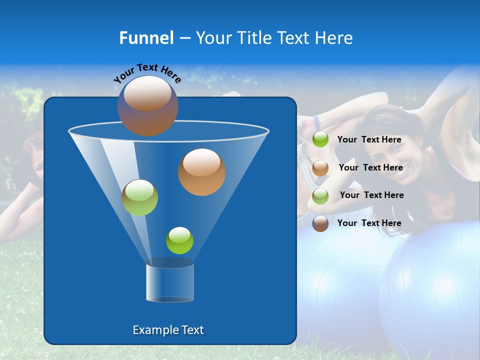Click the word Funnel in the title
(x=146, y=38)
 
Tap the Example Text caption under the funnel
(x=168, y=330)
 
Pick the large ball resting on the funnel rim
(x=147, y=105)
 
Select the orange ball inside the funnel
(x=201, y=171)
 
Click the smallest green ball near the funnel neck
(x=179, y=240)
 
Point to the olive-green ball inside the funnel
(x=139, y=197)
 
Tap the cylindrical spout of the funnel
(x=170, y=283)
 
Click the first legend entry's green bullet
(x=320, y=139)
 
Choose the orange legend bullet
(x=320, y=168)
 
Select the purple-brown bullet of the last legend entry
(x=320, y=223)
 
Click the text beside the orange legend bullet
(x=370, y=168)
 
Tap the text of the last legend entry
(x=369, y=223)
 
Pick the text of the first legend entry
(x=369, y=140)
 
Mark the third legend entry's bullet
(x=320, y=196)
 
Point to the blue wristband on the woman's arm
(x=316, y=121)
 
